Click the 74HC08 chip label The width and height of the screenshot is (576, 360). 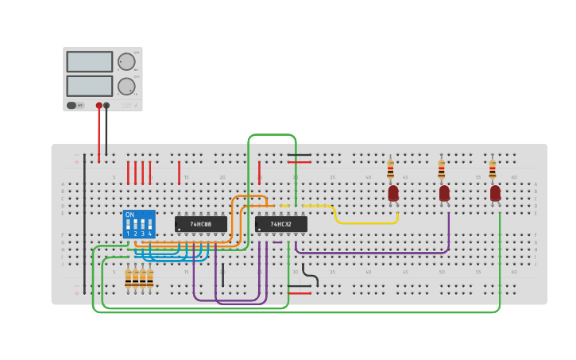click(x=200, y=225)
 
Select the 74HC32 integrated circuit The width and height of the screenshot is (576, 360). click(x=280, y=225)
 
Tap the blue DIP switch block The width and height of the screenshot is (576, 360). click(x=139, y=224)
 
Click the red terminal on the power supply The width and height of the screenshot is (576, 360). click(x=99, y=105)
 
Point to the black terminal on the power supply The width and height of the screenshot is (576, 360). click(x=106, y=105)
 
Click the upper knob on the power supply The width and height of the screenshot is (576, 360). click(x=126, y=62)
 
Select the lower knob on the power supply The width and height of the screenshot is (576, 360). click(x=126, y=86)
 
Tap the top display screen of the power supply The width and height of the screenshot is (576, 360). click(x=90, y=62)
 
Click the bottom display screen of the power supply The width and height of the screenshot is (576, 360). click(x=90, y=86)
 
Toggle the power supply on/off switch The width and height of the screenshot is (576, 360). click(x=72, y=105)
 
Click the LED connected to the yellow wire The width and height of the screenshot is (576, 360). click(x=393, y=193)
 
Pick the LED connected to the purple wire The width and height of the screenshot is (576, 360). click(x=444, y=193)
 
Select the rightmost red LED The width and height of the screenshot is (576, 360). click(x=495, y=193)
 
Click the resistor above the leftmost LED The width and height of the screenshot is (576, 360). click(x=390, y=170)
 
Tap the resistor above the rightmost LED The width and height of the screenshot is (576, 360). click(x=492, y=170)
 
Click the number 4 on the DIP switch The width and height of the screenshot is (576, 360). click(x=149, y=234)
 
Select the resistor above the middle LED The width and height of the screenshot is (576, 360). click(x=441, y=170)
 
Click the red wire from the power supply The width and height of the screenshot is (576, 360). click(x=99, y=135)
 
